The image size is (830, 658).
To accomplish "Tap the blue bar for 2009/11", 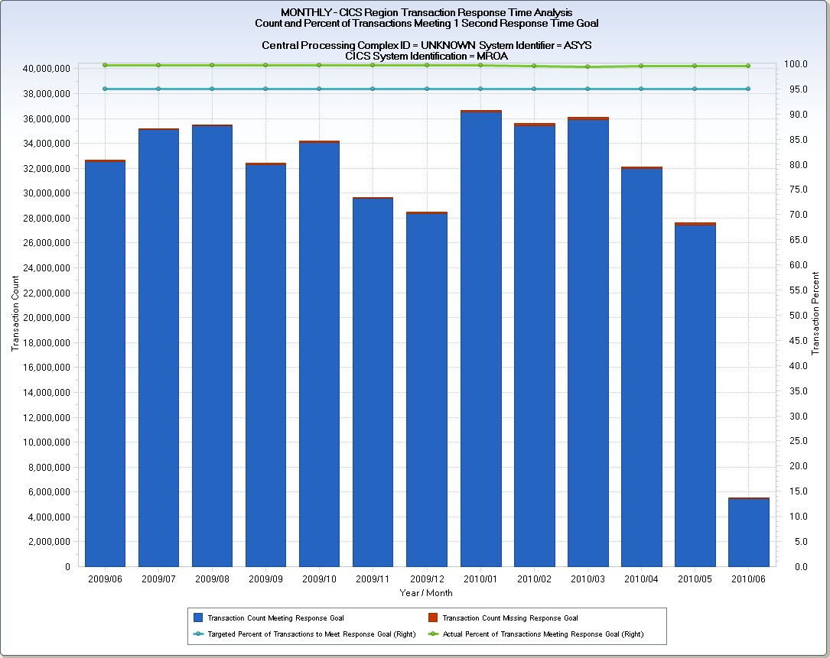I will point(373,382).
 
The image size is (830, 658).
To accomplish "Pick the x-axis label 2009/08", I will point(212,580).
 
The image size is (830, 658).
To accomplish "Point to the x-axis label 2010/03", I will point(588,580).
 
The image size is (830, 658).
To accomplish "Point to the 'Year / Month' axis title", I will point(426,593).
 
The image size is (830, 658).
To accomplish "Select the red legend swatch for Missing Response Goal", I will point(432,617).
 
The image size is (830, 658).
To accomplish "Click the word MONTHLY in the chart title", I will point(304,12).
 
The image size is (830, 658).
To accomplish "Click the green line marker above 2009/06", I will point(105,65).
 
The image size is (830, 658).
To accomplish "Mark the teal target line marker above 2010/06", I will point(748,89).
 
